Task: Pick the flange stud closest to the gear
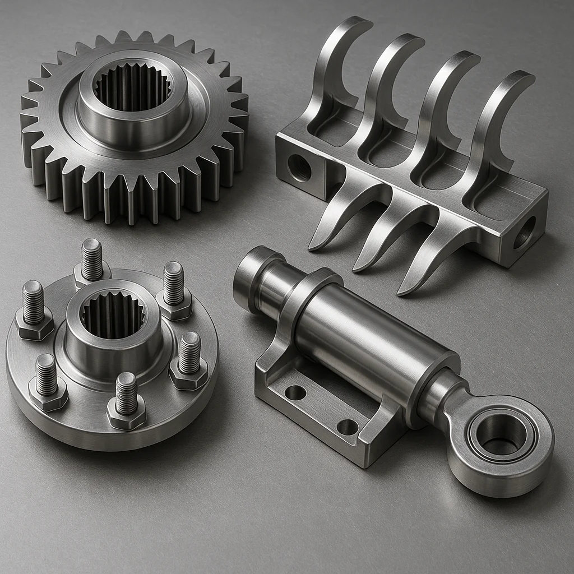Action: point(92,259)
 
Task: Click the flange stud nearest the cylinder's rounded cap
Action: point(173,283)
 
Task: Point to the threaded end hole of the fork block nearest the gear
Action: point(299,167)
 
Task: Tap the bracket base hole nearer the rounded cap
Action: point(295,392)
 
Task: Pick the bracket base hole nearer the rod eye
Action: point(348,427)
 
